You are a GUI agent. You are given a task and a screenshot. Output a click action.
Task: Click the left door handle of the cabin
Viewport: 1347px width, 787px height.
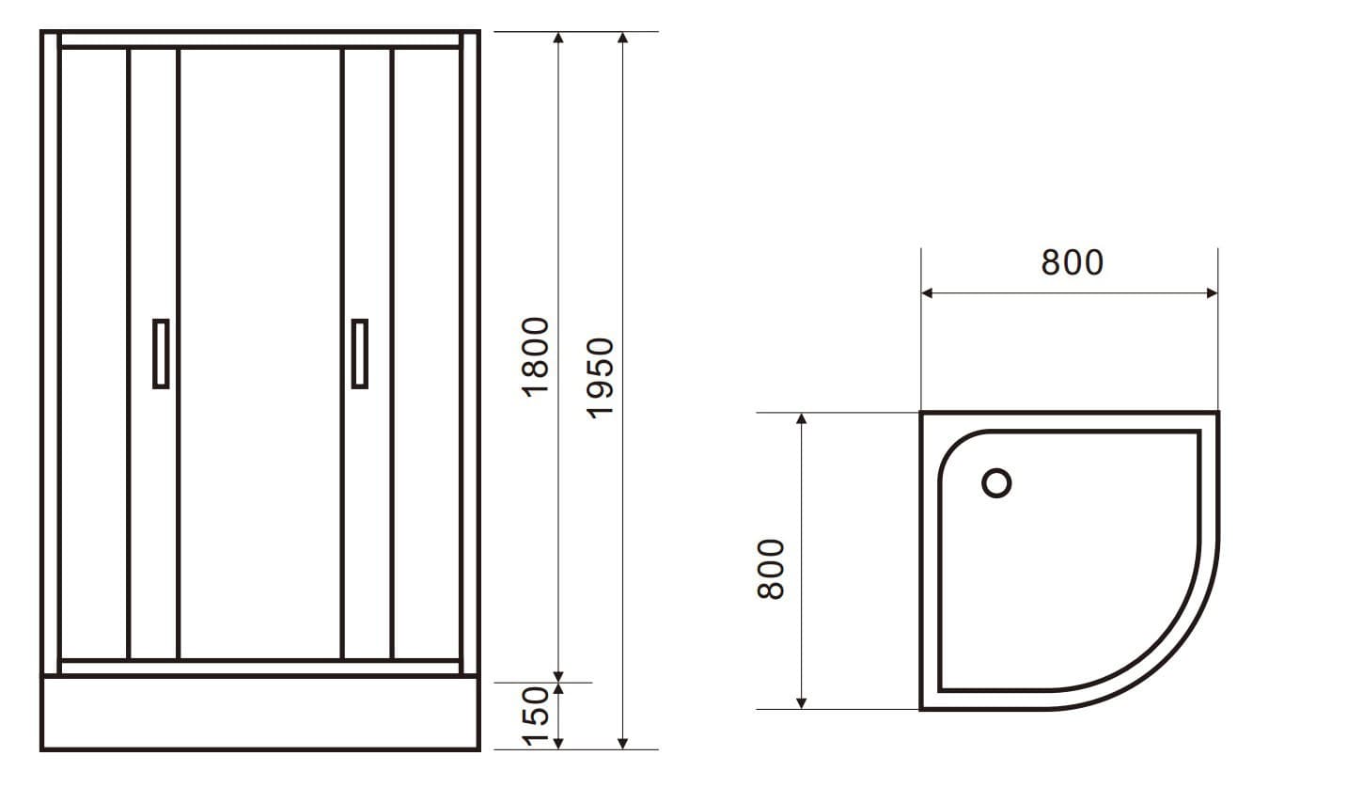161,354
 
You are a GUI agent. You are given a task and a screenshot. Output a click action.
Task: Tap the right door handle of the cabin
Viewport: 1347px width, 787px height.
359,354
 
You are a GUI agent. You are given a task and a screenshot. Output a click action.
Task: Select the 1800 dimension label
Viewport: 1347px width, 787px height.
535,356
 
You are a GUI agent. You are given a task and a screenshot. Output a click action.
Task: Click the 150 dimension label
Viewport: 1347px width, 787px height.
535,716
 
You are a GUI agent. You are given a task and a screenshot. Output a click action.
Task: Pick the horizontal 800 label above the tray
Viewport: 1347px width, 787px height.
1072,263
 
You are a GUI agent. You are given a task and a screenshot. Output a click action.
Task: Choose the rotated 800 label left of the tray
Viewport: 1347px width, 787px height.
771,569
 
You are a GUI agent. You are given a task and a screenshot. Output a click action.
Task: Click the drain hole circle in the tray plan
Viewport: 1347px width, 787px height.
996,483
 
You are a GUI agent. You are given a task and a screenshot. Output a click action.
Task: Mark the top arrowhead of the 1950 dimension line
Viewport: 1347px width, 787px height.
622,38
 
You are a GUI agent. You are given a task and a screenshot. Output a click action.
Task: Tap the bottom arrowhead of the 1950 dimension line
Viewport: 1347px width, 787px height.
622,744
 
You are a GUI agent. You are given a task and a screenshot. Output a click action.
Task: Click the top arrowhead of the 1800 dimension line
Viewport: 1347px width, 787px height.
558,38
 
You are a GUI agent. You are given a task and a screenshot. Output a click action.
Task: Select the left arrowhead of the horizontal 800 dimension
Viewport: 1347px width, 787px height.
927,293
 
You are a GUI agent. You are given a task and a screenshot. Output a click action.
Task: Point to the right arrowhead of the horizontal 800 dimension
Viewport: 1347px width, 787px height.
1212,293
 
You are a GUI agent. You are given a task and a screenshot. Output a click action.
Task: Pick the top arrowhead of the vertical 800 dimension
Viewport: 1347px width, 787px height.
801,418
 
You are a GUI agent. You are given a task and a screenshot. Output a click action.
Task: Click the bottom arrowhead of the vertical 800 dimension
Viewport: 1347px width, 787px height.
801,702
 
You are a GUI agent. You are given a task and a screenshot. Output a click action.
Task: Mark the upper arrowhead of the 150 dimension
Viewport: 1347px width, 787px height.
558,689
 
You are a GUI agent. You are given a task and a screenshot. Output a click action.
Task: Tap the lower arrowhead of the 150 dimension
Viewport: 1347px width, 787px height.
558,744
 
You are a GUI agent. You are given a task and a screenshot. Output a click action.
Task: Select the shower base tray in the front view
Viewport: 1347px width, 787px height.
260,713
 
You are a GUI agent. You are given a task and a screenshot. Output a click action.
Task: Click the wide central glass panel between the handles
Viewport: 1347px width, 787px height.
259,354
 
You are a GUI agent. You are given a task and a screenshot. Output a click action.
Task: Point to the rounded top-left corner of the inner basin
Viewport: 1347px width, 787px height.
959,450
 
